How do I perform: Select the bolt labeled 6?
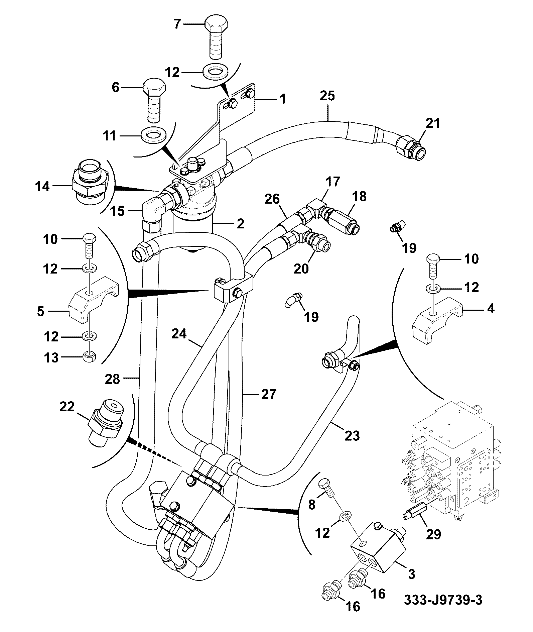pos(154,101)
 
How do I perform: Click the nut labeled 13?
pos(89,357)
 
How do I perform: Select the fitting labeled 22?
pos(106,422)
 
